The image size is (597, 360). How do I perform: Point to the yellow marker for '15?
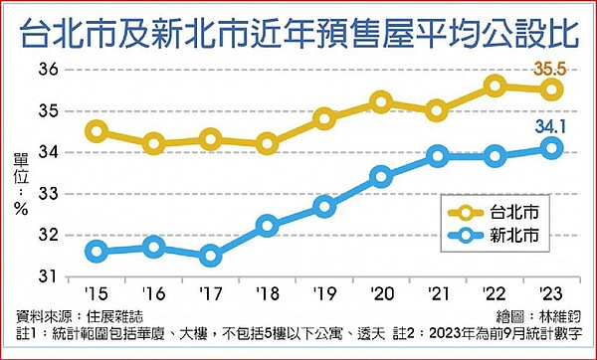pyautogui.click(x=97, y=130)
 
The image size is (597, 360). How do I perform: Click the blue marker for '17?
pyautogui.click(x=210, y=256)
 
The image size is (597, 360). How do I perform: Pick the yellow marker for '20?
pyautogui.click(x=381, y=101)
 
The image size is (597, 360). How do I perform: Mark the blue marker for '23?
pyautogui.click(x=552, y=148)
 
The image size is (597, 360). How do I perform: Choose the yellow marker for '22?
pyautogui.click(x=496, y=86)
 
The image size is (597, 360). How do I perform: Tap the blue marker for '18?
pyautogui.click(x=267, y=226)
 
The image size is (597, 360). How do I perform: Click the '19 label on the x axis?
pyautogui.click(x=323, y=293)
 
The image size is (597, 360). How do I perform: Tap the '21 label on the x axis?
pyautogui.click(x=438, y=293)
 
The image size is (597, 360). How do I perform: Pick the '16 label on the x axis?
pyautogui.click(x=153, y=293)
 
